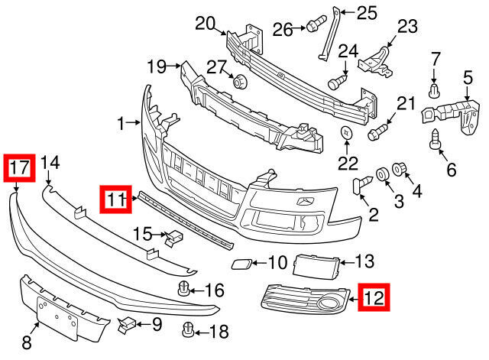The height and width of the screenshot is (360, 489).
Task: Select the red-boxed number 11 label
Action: pos(115,200)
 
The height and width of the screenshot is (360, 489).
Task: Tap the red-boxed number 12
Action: pos(374,297)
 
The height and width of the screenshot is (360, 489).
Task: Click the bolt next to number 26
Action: pos(313,27)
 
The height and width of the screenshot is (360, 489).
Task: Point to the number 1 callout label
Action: pos(119,122)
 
